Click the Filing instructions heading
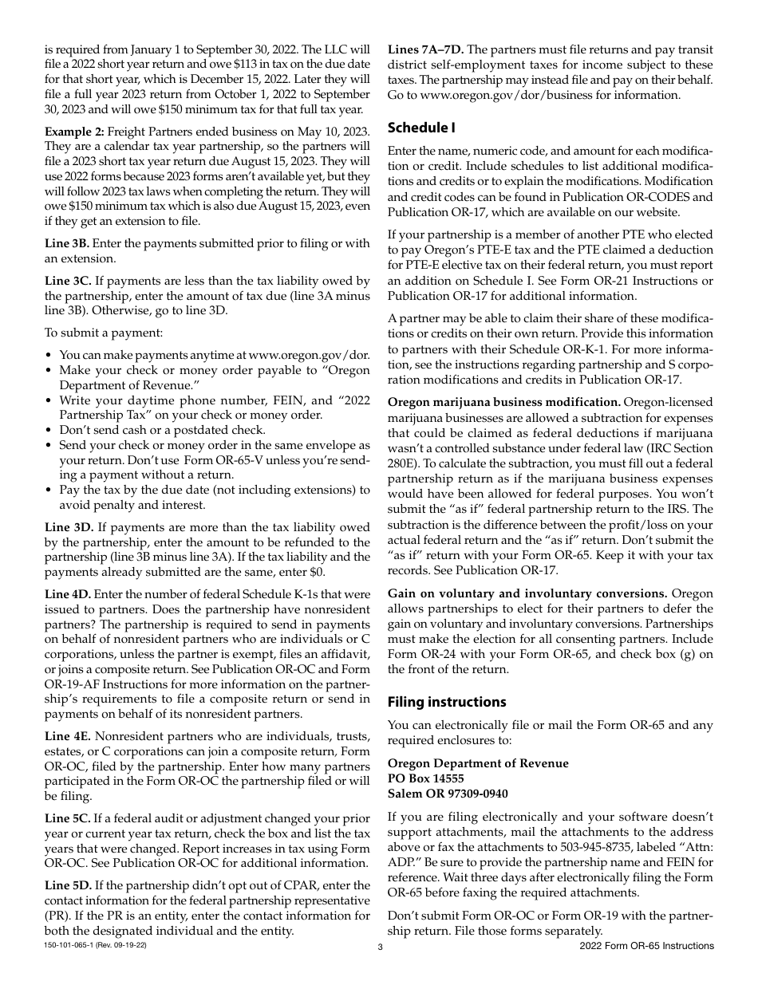coord(447,702)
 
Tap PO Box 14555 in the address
coord(425,778)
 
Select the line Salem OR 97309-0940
coord(447,794)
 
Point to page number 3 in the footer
coord(381,948)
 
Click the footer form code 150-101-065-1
coord(72,945)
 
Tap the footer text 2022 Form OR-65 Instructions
coord(647,946)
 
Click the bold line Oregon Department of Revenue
coord(478,763)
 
